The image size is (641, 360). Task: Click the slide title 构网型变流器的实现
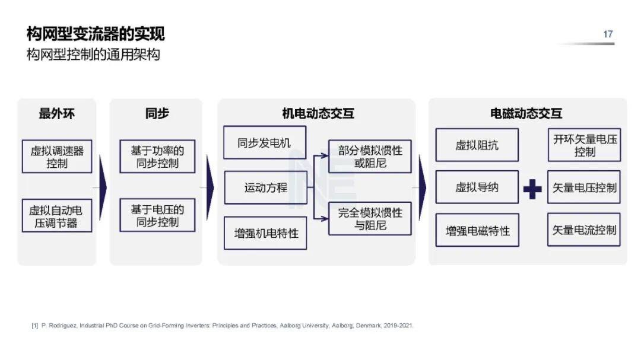click(x=96, y=34)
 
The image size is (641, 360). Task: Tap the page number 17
click(x=608, y=34)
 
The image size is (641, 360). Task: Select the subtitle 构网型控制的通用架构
click(x=93, y=55)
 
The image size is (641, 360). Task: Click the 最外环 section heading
click(x=56, y=114)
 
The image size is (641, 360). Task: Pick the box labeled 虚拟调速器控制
click(x=57, y=157)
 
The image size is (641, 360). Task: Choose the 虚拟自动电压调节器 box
click(x=57, y=216)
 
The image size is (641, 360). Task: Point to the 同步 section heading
click(x=157, y=114)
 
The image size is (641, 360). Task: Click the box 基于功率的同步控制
click(x=157, y=157)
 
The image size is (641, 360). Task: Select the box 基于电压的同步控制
click(x=157, y=215)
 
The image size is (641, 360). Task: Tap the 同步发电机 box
click(x=265, y=143)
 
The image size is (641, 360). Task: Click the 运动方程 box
click(x=265, y=187)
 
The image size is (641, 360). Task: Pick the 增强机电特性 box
click(x=265, y=233)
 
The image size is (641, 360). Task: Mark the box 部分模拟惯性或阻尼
click(x=370, y=157)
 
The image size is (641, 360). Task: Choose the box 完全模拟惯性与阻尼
click(x=370, y=218)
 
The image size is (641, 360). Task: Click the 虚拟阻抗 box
click(x=477, y=145)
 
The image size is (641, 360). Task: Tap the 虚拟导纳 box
click(x=477, y=187)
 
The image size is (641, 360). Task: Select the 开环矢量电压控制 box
click(x=584, y=145)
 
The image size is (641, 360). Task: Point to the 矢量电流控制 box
click(x=584, y=230)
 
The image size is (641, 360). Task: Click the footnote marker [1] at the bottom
click(x=34, y=326)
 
